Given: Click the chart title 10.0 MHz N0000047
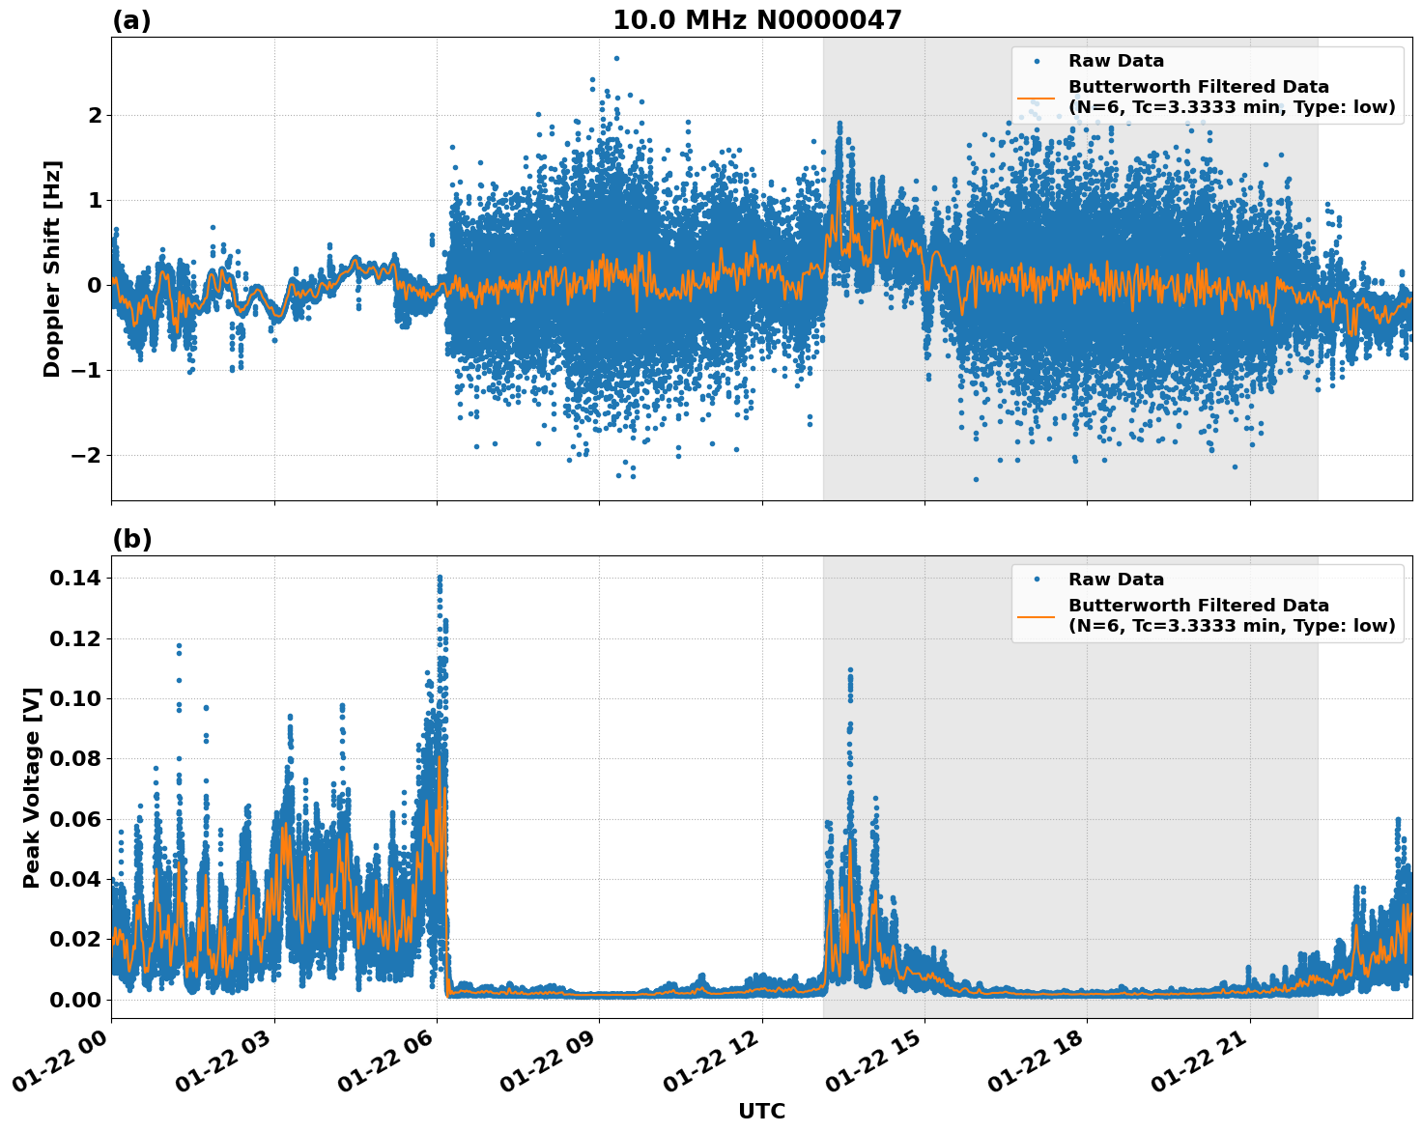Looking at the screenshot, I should click(756, 20).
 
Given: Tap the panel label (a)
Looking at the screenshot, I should click(131, 20).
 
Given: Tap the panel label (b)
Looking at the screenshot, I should click(131, 539).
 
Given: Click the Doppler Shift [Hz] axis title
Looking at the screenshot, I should click(52, 269).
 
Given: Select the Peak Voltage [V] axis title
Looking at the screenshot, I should click(32, 787).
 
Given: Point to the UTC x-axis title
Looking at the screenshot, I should click(761, 1111).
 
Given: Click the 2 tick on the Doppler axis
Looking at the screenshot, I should click(94, 115).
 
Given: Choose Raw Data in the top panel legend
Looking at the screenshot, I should click(1116, 61).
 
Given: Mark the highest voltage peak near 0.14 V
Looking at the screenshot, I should click(440, 578).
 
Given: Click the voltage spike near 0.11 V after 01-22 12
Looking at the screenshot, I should click(850, 669).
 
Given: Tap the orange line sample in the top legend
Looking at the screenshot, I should click(1036, 97).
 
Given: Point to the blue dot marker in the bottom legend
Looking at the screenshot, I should click(1036, 580).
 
